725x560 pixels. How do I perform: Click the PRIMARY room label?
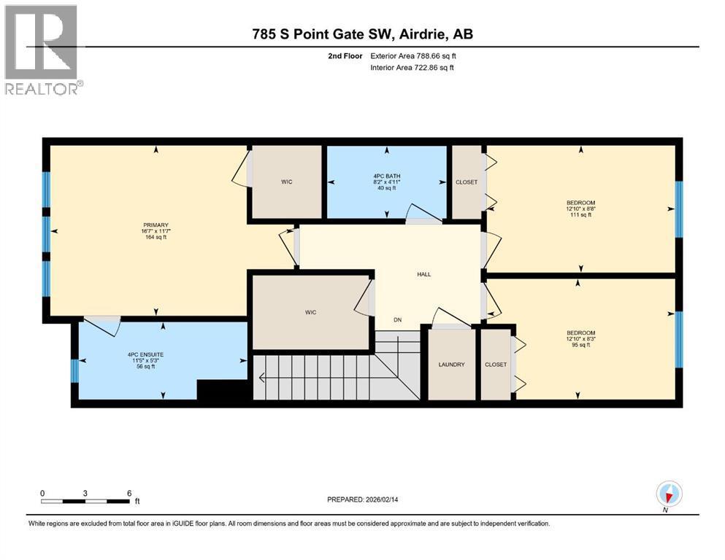(156, 225)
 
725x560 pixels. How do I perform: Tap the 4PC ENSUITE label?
(145, 354)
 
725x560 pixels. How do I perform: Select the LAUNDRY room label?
(452, 365)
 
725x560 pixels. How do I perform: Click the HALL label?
(424, 274)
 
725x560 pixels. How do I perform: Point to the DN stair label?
(398, 319)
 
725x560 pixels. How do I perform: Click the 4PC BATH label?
(387, 176)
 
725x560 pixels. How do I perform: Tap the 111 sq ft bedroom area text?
(580, 214)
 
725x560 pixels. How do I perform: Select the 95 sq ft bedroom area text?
(580, 345)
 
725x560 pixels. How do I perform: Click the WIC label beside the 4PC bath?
(287, 182)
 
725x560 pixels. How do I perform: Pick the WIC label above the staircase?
(311, 313)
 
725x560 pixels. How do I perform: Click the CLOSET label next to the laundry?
(496, 365)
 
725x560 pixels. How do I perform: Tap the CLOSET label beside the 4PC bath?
(467, 182)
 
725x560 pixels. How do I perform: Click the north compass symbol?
(669, 494)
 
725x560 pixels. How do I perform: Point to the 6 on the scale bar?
(129, 493)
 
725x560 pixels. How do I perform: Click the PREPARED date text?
(362, 499)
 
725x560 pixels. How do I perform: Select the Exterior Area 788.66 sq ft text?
(413, 56)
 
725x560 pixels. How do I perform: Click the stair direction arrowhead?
(261, 378)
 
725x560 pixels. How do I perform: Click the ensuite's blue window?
(75, 371)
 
